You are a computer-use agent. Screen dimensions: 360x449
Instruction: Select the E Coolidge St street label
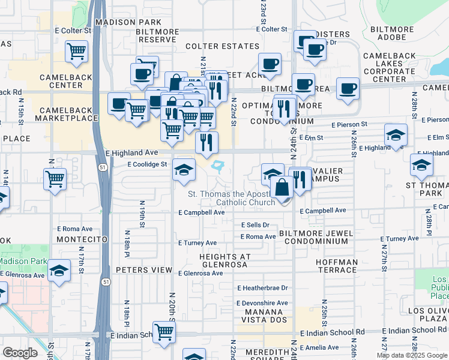[147, 164]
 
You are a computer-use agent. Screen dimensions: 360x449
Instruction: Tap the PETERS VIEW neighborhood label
[143, 270]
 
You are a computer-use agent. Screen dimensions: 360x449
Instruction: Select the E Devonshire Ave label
[262, 303]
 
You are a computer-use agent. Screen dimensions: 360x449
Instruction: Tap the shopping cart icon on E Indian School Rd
[164, 332]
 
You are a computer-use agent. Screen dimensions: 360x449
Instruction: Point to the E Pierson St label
[349, 124]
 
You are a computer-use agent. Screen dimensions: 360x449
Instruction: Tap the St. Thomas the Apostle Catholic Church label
[232, 198]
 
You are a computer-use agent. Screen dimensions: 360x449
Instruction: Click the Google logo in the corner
[20, 352]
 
